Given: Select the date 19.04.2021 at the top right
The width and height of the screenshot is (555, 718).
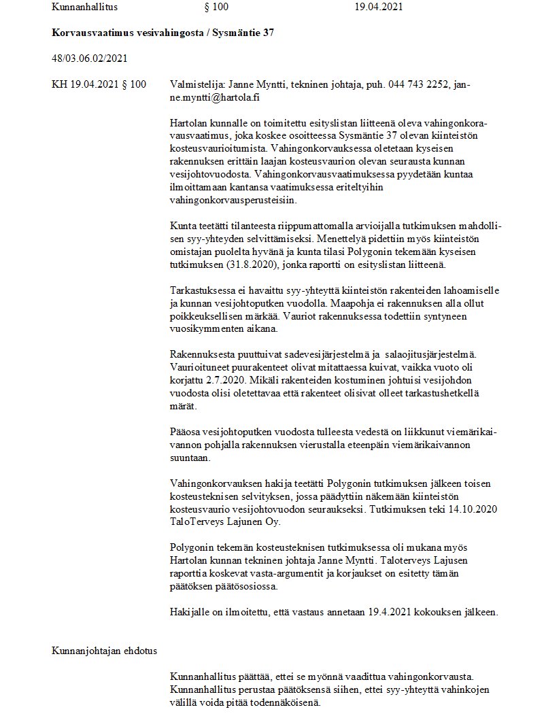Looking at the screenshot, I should [379, 7].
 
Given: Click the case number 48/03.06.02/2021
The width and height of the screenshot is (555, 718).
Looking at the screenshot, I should [89, 58].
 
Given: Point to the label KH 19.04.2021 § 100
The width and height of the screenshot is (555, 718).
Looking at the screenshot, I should [99, 84].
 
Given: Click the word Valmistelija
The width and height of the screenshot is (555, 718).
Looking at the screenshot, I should [196, 84].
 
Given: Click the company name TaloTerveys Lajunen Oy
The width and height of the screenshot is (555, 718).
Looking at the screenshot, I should [226, 522].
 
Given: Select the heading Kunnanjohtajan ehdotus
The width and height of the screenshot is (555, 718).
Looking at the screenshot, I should [104, 651].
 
